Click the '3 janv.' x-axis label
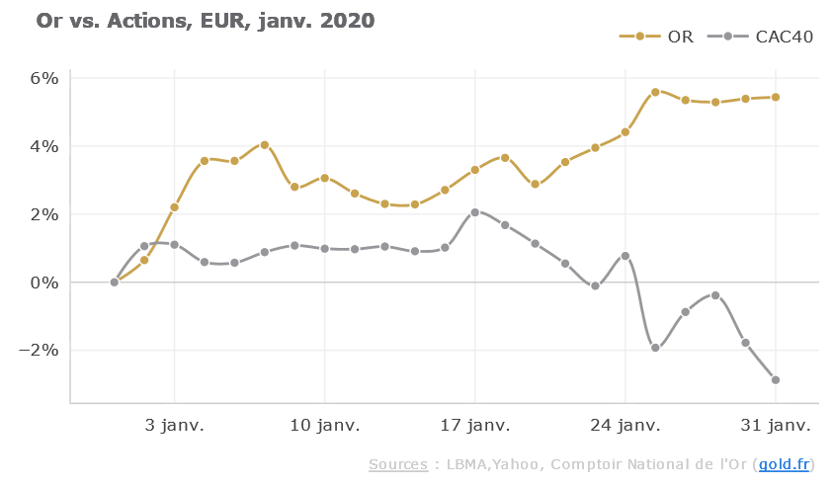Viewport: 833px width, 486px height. pyautogui.click(x=175, y=426)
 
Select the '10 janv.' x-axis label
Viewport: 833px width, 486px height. pyautogui.click(x=325, y=426)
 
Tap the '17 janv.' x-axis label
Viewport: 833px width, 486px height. pyautogui.click(x=475, y=426)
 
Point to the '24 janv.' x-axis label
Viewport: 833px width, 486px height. pyautogui.click(x=625, y=426)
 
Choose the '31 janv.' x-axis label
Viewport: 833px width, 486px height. pyautogui.click(x=776, y=426)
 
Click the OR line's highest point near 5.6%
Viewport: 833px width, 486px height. pyautogui.click(x=655, y=92)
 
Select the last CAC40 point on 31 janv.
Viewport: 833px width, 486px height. pyautogui.click(x=776, y=380)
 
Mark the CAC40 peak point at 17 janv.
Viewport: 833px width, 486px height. pyautogui.click(x=475, y=212)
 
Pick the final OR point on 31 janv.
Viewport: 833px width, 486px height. pyautogui.click(x=776, y=97)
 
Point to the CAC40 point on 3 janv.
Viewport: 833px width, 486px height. pyautogui.click(x=175, y=244)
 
